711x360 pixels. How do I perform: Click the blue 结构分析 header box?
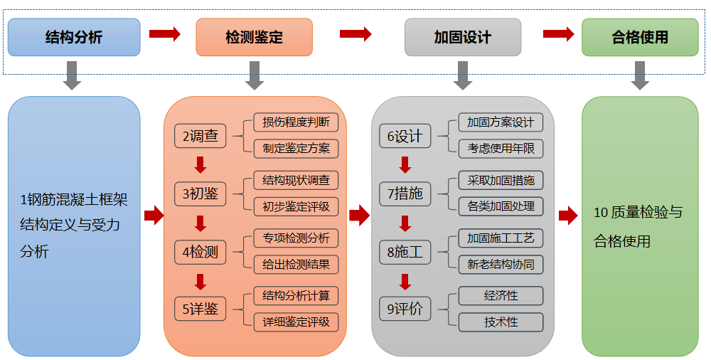74,37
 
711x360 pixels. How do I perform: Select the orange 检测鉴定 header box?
254,37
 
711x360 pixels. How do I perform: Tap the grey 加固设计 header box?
463,37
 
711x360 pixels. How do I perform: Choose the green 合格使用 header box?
640,37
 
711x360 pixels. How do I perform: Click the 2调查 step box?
201,136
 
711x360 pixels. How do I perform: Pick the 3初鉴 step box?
201,194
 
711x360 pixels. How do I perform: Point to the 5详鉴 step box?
201,309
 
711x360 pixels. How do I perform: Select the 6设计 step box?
405,136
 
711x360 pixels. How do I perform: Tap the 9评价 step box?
405,309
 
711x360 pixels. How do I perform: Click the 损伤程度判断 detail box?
296,122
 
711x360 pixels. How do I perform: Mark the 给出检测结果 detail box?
296,265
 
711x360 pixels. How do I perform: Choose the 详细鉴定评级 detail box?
296,322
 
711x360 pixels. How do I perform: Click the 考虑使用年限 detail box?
501,149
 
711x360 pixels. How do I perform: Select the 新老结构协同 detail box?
501,265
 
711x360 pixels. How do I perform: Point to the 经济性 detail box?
501,295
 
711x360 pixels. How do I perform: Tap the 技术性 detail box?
501,322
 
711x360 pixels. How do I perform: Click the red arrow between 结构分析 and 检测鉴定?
165,34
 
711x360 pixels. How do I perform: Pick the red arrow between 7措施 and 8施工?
405,223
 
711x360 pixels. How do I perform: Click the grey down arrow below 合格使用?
640,75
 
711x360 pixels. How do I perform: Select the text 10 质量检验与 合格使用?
638,227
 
